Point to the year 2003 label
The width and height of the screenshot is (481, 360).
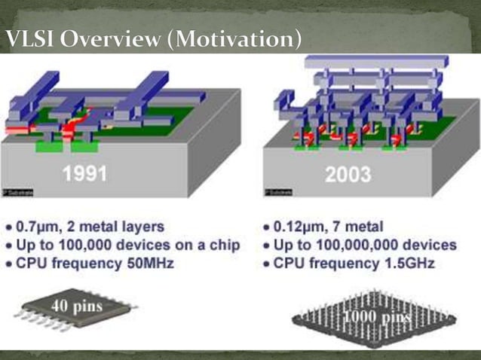click(348, 175)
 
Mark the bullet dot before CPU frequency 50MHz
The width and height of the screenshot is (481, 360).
click(8, 264)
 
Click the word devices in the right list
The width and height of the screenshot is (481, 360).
click(430, 246)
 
